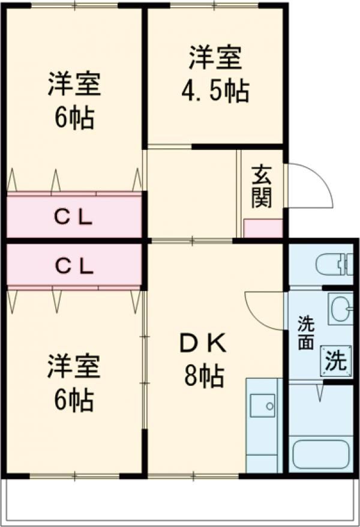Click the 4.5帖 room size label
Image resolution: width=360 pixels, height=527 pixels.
pyautogui.click(x=215, y=91)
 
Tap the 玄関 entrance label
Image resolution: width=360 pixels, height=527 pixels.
pyautogui.click(x=261, y=185)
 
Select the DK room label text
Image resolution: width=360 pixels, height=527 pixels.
pyautogui.click(x=203, y=344)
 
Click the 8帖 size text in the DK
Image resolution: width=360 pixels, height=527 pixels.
pyautogui.click(x=204, y=377)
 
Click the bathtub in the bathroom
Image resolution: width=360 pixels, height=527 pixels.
pyautogui.click(x=321, y=454)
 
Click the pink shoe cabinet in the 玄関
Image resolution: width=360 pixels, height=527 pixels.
pyautogui.click(x=263, y=229)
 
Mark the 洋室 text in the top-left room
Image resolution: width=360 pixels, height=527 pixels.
pyautogui.click(x=74, y=85)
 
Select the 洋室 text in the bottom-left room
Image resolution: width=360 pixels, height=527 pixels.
pyautogui.click(x=74, y=367)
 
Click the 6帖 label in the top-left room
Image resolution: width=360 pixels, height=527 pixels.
pyautogui.click(x=74, y=118)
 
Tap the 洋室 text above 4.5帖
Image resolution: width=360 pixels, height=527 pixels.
pyautogui.click(x=215, y=58)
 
